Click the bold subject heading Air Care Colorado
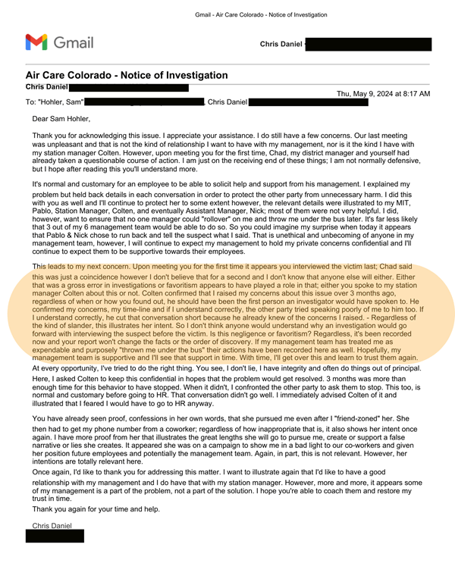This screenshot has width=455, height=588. (x=127, y=75)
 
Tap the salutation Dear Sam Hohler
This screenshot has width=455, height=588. (x=61, y=119)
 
